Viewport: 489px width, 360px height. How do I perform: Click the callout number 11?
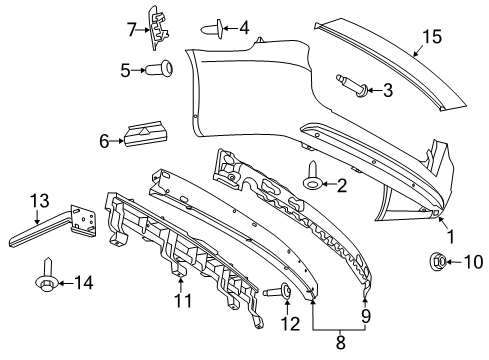181,299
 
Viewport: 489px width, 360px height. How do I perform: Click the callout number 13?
39,200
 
